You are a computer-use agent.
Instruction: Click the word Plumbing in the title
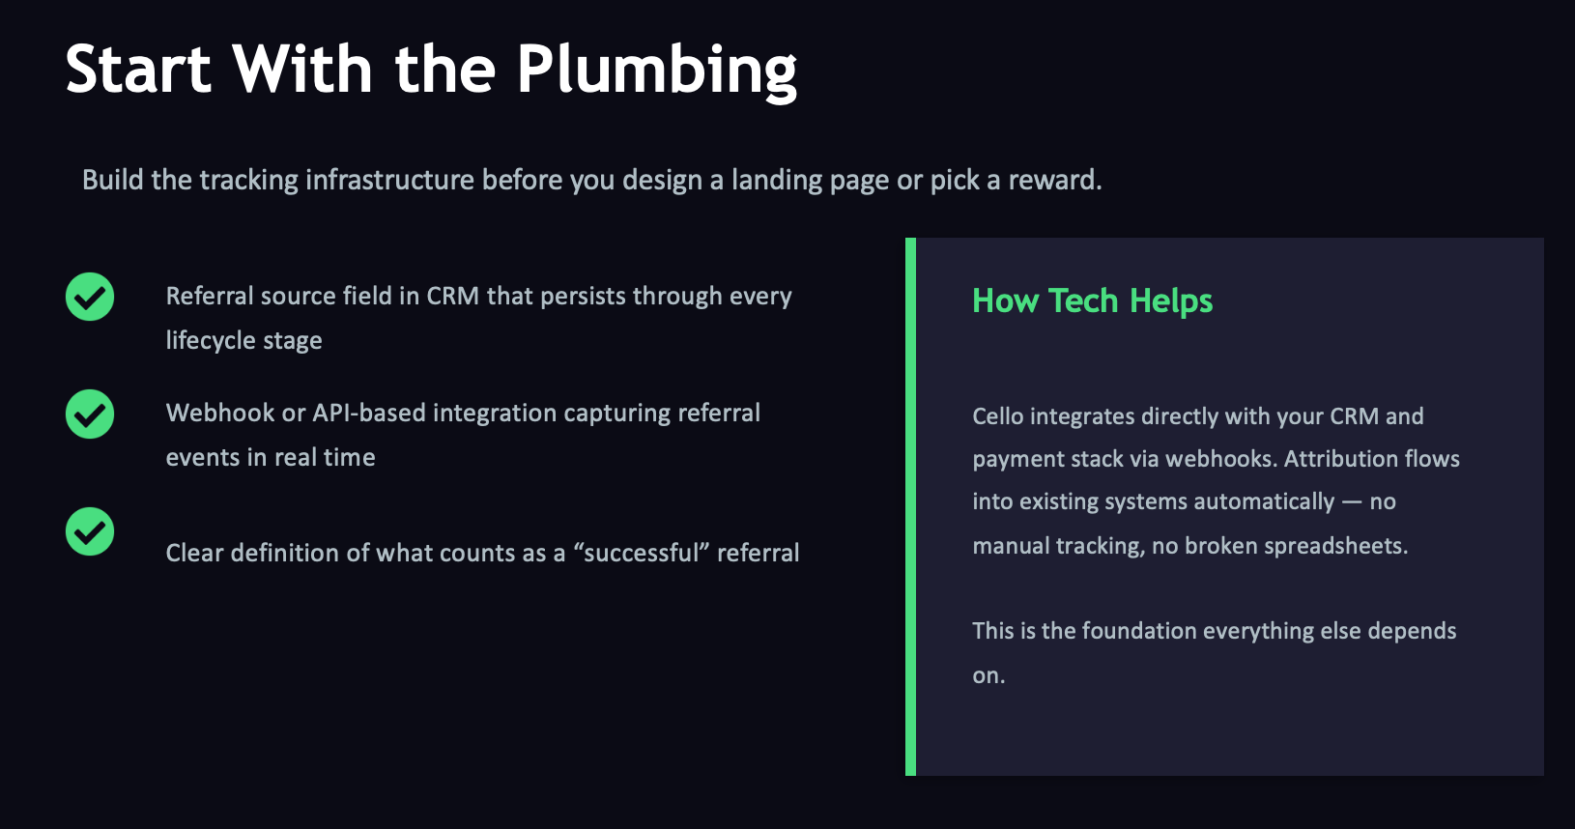656,70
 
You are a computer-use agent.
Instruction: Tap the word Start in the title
138,70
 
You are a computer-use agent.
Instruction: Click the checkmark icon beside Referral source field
90,297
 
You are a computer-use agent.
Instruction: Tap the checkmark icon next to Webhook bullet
90,414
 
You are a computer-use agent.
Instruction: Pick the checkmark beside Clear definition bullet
90,531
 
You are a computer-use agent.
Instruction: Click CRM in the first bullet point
452,296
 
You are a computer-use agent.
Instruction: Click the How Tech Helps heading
1092,300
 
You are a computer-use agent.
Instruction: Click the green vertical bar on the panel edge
910,506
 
